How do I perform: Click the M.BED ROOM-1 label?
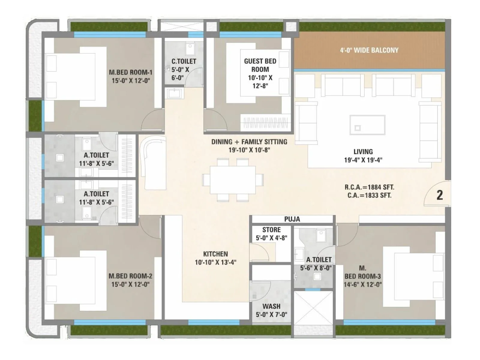pos(130,72)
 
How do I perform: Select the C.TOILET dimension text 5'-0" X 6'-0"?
pos(180,73)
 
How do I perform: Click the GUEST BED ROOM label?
pos(260,65)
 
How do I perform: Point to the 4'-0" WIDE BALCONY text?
pos(369,50)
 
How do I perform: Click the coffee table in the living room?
pos(367,125)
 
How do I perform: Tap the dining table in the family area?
pos(232,180)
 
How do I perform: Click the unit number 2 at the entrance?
pos(439,195)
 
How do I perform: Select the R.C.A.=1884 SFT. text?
pos(369,187)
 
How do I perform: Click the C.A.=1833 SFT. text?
pos(369,196)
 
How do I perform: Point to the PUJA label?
pos(292,219)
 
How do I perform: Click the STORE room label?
pos(271,230)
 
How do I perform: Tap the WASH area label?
pos(271,306)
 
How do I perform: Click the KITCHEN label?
pos(215,254)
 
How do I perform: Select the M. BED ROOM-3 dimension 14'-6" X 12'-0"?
pos(363,284)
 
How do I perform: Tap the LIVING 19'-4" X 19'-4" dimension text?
pos(363,160)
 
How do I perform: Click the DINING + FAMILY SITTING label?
pos(249,142)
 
